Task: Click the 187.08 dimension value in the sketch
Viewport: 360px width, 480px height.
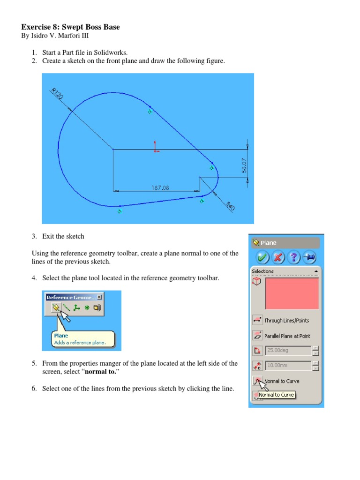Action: point(160,187)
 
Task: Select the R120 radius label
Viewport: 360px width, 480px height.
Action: point(57,94)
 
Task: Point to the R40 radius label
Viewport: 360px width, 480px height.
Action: point(230,206)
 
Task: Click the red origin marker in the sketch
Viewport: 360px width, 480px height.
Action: point(156,147)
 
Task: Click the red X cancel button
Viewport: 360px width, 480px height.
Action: point(278,257)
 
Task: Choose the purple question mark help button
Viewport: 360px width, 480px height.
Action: point(294,257)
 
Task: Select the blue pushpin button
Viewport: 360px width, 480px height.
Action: point(309,257)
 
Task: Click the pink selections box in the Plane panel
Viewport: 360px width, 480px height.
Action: point(292,293)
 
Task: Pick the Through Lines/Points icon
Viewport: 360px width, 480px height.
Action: point(257,320)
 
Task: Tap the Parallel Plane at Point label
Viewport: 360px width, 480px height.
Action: point(287,336)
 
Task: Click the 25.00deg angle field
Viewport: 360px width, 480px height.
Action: point(288,350)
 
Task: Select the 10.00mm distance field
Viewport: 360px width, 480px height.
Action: point(288,365)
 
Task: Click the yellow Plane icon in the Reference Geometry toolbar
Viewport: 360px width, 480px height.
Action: point(55,308)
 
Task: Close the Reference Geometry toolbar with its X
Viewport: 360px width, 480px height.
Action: point(99,297)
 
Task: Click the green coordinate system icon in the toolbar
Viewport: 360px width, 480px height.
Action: point(77,308)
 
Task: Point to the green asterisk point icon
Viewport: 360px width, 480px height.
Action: point(87,308)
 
